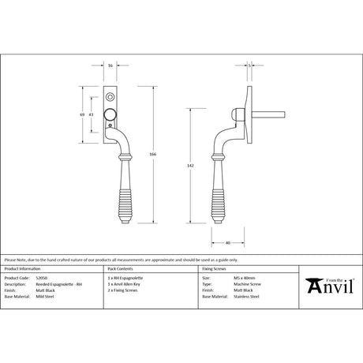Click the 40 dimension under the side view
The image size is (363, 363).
pos(226,242)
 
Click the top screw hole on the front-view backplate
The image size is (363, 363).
pos(110,95)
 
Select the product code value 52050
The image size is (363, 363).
pos(43,279)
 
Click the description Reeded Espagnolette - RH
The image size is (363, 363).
pos(58,284)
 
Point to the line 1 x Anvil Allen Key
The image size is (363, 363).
pos(125,284)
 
